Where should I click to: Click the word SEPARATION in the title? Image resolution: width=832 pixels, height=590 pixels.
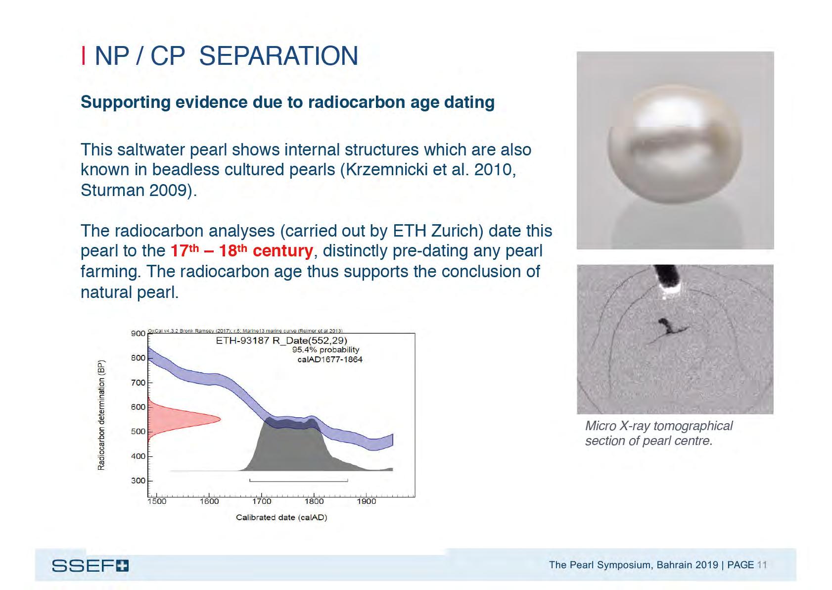(278, 56)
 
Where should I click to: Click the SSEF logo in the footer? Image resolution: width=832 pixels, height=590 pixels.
(90, 566)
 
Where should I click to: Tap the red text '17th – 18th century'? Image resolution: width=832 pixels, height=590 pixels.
(241, 251)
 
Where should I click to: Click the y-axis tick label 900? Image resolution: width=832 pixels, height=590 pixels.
(138, 334)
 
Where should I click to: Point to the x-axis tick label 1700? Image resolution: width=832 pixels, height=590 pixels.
(262, 501)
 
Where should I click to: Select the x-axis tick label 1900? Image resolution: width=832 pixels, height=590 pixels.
(366, 501)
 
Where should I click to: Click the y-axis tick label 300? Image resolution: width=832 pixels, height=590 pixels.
(138, 481)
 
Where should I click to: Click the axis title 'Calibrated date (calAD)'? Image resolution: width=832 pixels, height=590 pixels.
(281, 518)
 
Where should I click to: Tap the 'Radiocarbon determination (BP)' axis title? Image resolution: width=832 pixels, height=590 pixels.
(101, 415)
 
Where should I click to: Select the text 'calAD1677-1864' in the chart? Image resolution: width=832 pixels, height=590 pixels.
(329, 359)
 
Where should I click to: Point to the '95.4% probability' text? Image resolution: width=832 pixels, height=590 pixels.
(325, 350)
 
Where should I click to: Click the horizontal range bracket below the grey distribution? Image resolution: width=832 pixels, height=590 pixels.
(299, 481)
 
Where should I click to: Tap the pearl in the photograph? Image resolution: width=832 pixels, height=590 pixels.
(675, 148)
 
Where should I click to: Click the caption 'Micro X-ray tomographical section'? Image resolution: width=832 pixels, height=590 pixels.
(658, 433)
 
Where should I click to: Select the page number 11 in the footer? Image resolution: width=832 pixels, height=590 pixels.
(762, 565)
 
